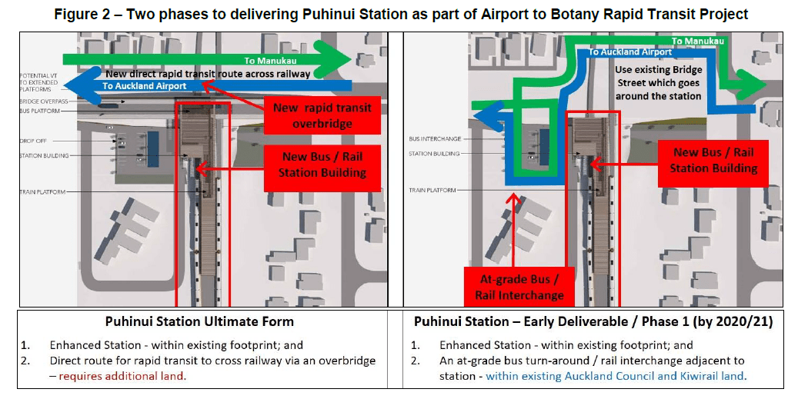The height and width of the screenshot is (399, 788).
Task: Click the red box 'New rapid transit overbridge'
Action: tap(322, 115)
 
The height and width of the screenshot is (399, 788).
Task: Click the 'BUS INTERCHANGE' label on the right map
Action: tap(436, 139)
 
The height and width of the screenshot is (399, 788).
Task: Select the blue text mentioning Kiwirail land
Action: tap(616, 376)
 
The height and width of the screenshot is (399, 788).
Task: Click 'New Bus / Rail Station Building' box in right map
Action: tap(713, 160)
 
